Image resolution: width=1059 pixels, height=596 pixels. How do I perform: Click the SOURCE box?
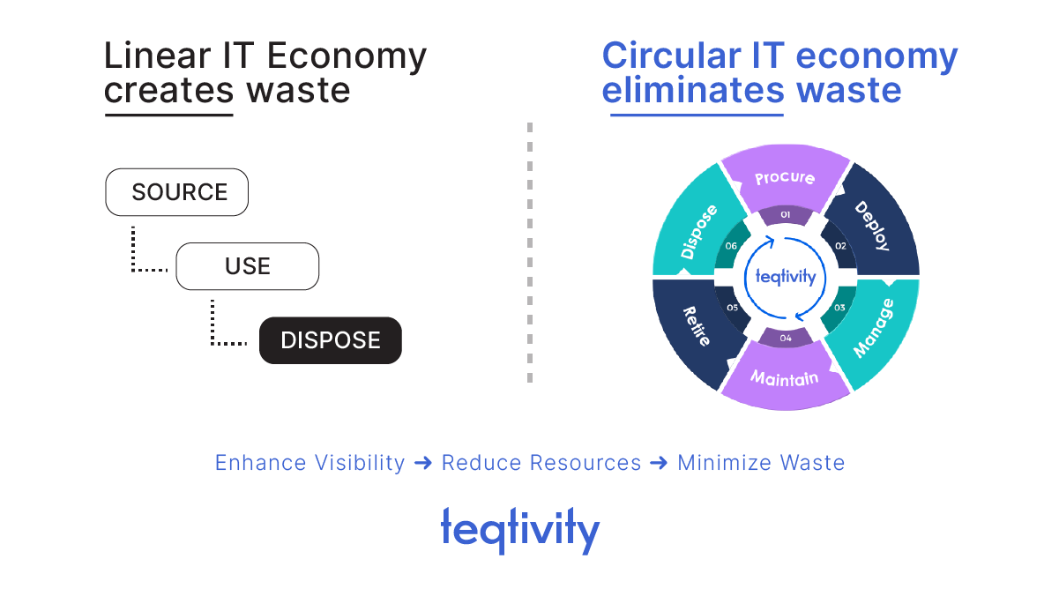coord(177,192)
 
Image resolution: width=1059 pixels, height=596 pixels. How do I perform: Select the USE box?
coord(247,266)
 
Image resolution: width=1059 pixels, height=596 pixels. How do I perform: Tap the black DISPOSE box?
coord(330,340)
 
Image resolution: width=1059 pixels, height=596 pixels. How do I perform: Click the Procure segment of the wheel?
coord(785,177)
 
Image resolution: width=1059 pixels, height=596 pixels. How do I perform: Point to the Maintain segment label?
coord(785,378)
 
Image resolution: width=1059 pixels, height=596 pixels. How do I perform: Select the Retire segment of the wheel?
coord(697,326)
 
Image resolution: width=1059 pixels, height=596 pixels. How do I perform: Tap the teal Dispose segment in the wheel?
coord(698,231)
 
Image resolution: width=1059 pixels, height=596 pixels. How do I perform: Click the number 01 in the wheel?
coord(785,215)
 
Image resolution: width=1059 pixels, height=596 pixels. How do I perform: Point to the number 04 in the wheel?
coord(785,339)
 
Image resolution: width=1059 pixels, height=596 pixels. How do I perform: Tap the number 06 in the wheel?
coord(731,247)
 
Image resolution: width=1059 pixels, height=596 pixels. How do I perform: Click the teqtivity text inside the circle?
coord(786,277)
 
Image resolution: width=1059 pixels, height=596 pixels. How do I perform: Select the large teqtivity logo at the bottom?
coord(520,529)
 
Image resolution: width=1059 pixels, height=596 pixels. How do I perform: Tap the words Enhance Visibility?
coord(310,463)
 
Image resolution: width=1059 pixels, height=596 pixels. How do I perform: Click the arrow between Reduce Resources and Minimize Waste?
coord(659,463)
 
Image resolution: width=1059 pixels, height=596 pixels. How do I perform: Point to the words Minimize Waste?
coord(761,463)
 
